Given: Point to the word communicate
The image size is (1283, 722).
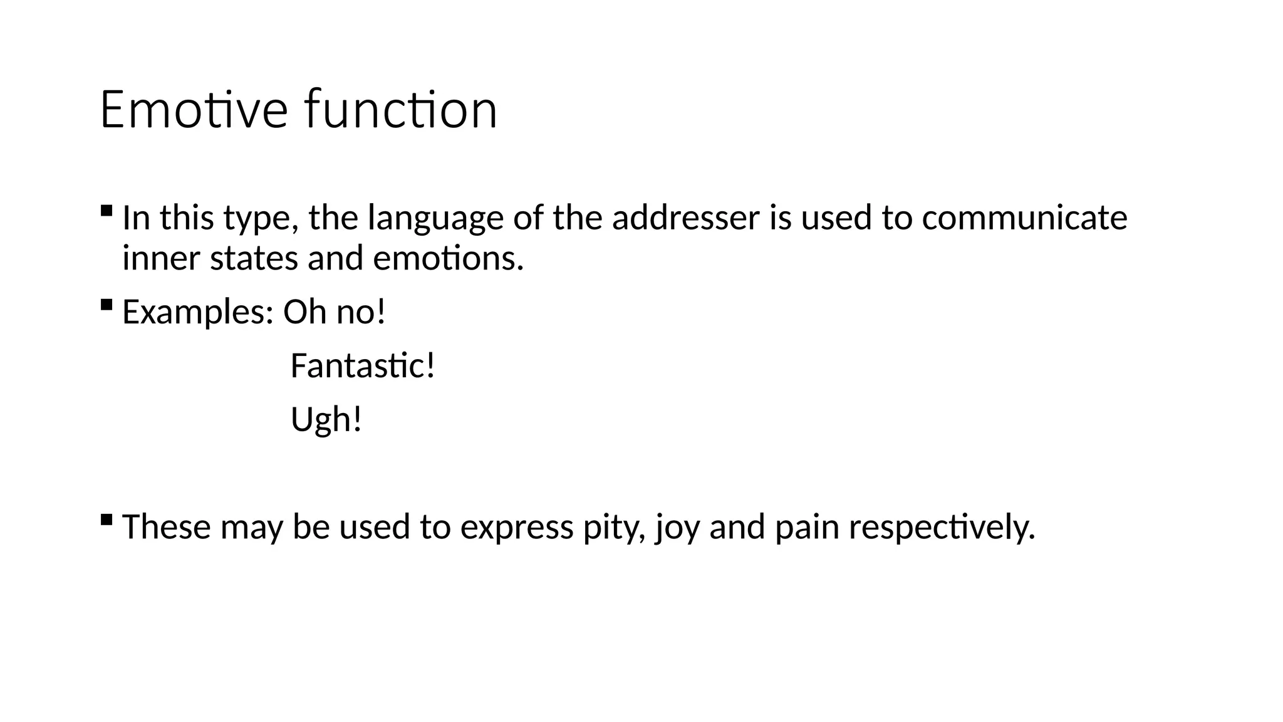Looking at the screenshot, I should coord(1024,217).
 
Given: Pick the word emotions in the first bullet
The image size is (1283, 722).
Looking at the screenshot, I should coord(448,258).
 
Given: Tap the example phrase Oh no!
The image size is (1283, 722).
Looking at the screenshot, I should coord(335,311).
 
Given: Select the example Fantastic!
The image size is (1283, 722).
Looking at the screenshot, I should coord(363,365).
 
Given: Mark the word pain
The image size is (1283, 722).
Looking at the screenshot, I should coord(807,527).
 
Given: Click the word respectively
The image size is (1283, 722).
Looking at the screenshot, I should coord(942,527).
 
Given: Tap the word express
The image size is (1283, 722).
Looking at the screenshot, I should coord(517,527).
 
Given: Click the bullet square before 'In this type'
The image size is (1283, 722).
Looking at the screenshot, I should coord(106,210).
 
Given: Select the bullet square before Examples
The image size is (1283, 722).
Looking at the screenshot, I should coord(106,305).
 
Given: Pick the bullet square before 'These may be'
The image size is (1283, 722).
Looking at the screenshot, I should coord(106,519).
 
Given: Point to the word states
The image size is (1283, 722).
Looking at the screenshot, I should coord(254,258).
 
